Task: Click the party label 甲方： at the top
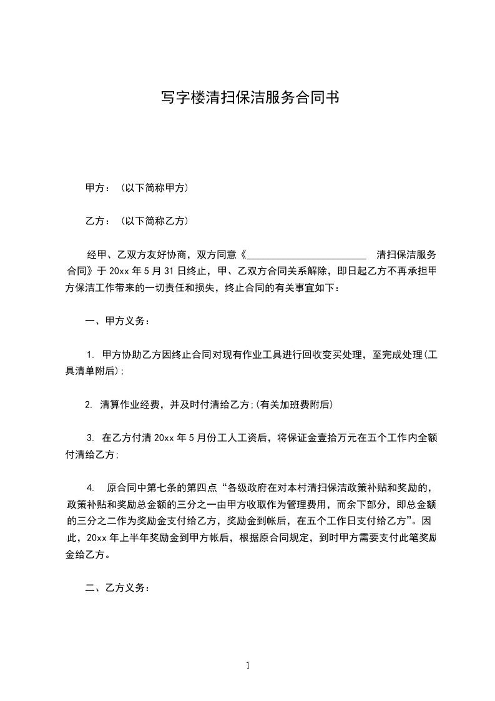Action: (x=98, y=188)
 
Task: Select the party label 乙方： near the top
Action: (x=98, y=221)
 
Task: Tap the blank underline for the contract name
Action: (x=307, y=255)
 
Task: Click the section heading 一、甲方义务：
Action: (x=117, y=322)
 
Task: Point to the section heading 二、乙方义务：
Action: (x=117, y=588)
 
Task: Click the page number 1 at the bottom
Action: (x=248, y=666)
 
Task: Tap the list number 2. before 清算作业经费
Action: (x=89, y=405)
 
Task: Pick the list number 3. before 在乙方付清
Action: (x=90, y=439)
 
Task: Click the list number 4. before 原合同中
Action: (x=91, y=488)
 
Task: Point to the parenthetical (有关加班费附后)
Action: (x=294, y=405)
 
